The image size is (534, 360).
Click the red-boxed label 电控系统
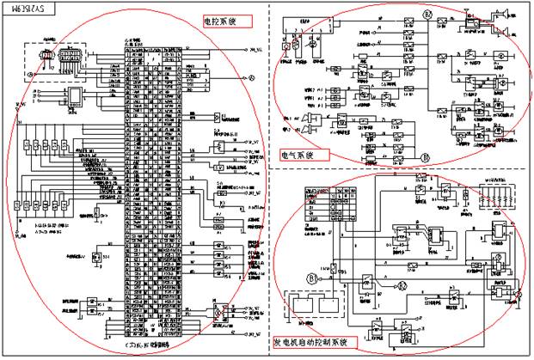click(x=221, y=20)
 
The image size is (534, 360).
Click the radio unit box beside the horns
click(x=471, y=27)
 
